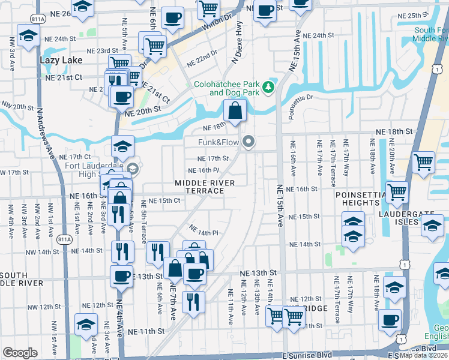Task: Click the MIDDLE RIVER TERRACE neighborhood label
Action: coord(199,186)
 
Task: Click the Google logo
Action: coord(20,353)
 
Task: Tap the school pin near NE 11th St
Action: coord(86,324)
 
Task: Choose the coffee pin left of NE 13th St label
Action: coord(122,276)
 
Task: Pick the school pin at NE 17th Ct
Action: coord(122,146)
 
